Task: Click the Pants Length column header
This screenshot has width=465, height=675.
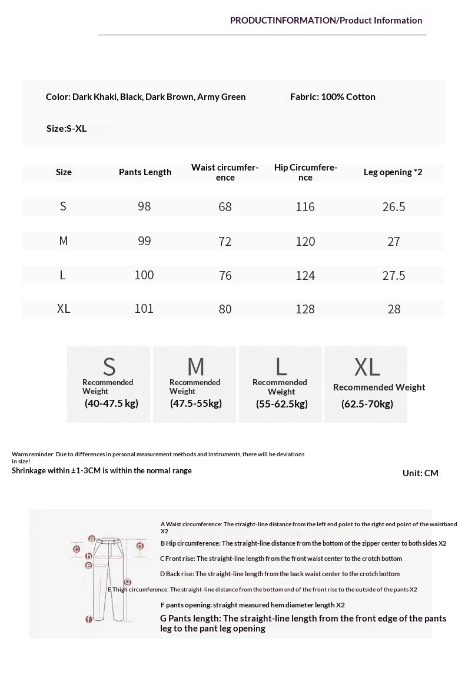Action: coord(145,172)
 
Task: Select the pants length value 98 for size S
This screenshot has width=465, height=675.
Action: coord(144,206)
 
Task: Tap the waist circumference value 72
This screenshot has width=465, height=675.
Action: coord(225,241)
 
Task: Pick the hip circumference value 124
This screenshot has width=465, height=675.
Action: coord(305,275)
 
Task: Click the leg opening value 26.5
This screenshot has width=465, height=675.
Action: coord(393,207)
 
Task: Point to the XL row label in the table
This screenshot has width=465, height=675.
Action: coord(64,309)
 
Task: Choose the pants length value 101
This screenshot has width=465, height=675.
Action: coord(144,309)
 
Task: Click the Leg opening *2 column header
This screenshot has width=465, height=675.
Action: coord(393,172)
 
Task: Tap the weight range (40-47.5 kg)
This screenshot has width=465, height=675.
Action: coord(111,403)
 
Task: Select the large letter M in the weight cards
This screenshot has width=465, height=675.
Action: coord(195,367)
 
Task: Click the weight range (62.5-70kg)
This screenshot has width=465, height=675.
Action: coord(367,404)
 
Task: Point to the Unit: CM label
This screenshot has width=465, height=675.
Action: coord(420,473)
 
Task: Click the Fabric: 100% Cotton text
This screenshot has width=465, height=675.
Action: coord(333,97)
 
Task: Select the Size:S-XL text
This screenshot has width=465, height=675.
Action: coord(67,128)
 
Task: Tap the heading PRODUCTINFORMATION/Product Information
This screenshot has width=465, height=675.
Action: coord(325,21)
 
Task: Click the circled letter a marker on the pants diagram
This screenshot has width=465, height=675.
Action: coord(92,539)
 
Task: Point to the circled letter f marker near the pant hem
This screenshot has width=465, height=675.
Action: coord(88,619)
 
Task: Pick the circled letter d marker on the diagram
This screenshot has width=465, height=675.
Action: coord(140,546)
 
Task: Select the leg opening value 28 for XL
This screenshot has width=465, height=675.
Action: coord(394,309)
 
